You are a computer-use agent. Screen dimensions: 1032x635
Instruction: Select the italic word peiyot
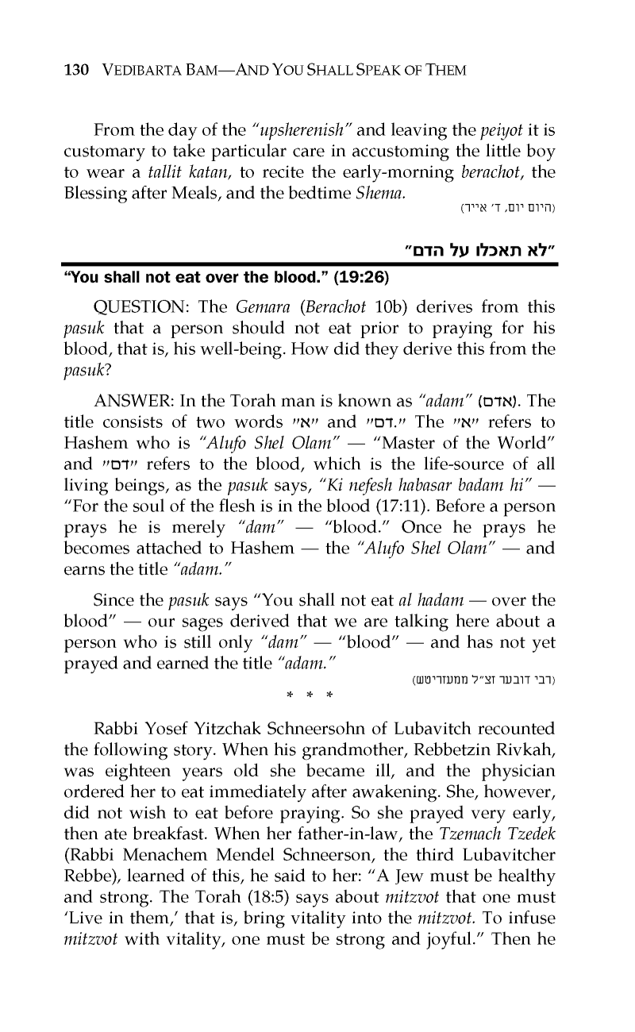pos(498,129)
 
